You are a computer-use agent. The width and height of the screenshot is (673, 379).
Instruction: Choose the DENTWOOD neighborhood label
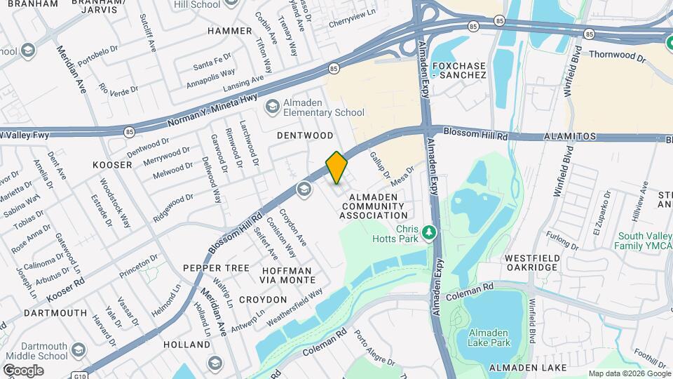pyautogui.click(x=305, y=135)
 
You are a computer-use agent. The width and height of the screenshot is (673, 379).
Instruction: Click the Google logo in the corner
pyautogui.click(x=23, y=370)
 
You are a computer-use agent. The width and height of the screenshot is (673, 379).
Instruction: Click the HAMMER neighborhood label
pyautogui.click(x=230, y=31)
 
